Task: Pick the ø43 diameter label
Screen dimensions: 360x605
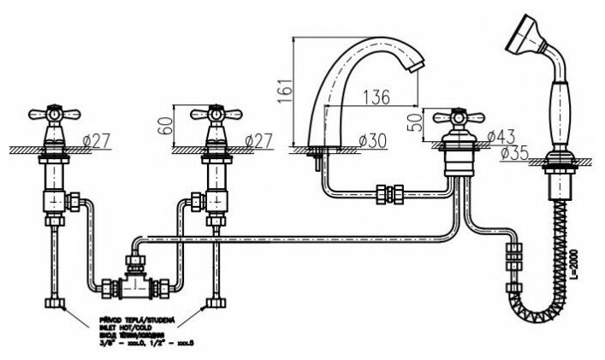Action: [502, 134]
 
